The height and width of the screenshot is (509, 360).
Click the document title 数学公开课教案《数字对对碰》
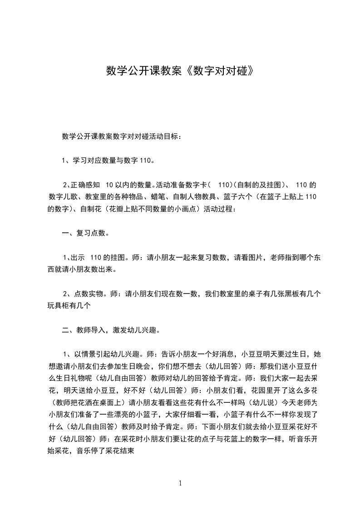click(x=179, y=71)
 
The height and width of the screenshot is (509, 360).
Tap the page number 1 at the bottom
click(x=180, y=483)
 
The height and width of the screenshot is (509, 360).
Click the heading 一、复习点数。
click(x=85, y=234)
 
